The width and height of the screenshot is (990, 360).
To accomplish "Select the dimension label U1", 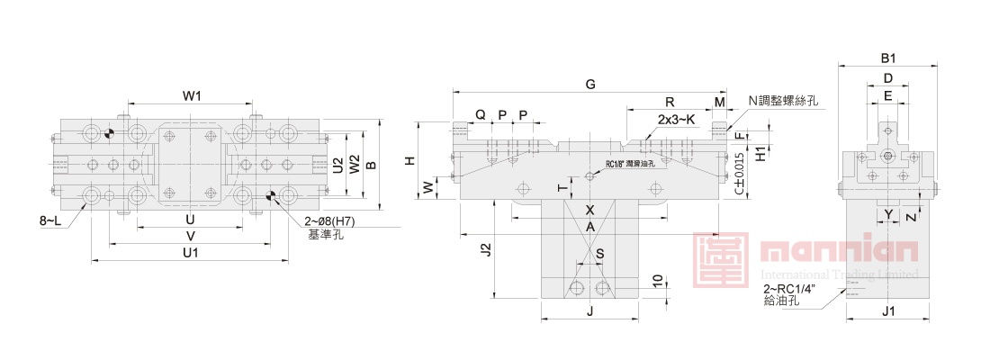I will click(x=190, y=253).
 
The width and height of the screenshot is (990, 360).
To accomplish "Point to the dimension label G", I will click(x=590, y=84).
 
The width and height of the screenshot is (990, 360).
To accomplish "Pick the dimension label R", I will click(x=670, y=102).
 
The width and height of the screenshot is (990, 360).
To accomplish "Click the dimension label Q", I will click(x=481, y=115).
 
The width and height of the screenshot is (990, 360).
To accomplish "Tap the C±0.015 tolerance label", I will click(x=738, y=174).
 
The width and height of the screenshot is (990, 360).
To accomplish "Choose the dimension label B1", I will click(x=888, y=58).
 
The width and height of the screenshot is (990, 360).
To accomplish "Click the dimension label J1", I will click(x=887, y=311).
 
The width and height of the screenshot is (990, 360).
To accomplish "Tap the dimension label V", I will click(x=190, y=236).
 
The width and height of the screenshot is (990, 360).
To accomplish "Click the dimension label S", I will click(x=599, y=254).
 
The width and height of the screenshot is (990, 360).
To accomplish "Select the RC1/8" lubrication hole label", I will click(x=634, y=164).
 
